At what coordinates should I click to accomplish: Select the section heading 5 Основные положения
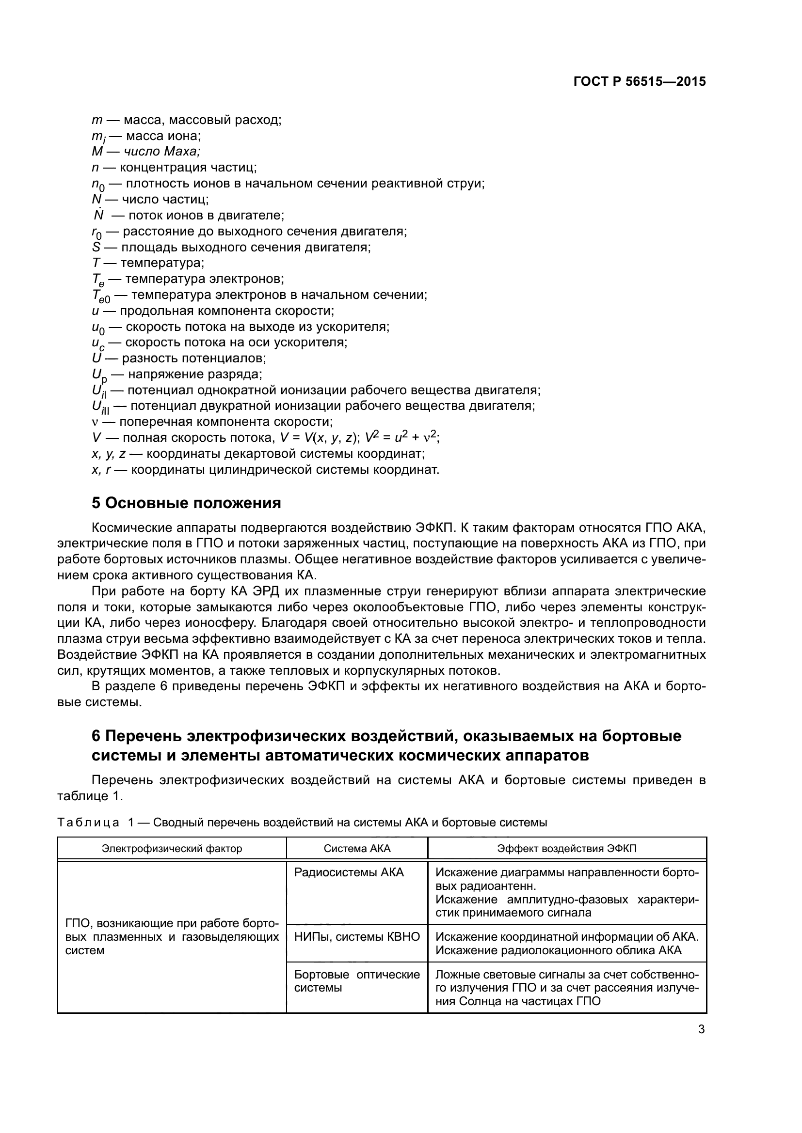186,503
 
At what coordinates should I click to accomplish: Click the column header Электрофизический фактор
172,848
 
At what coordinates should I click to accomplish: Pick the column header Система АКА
356,848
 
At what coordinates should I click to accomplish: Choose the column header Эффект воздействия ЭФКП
566,848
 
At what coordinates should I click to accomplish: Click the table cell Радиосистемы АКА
349,872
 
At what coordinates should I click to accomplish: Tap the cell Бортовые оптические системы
356,981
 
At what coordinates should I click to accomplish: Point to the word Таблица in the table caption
88,823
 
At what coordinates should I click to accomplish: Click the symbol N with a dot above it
98,215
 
